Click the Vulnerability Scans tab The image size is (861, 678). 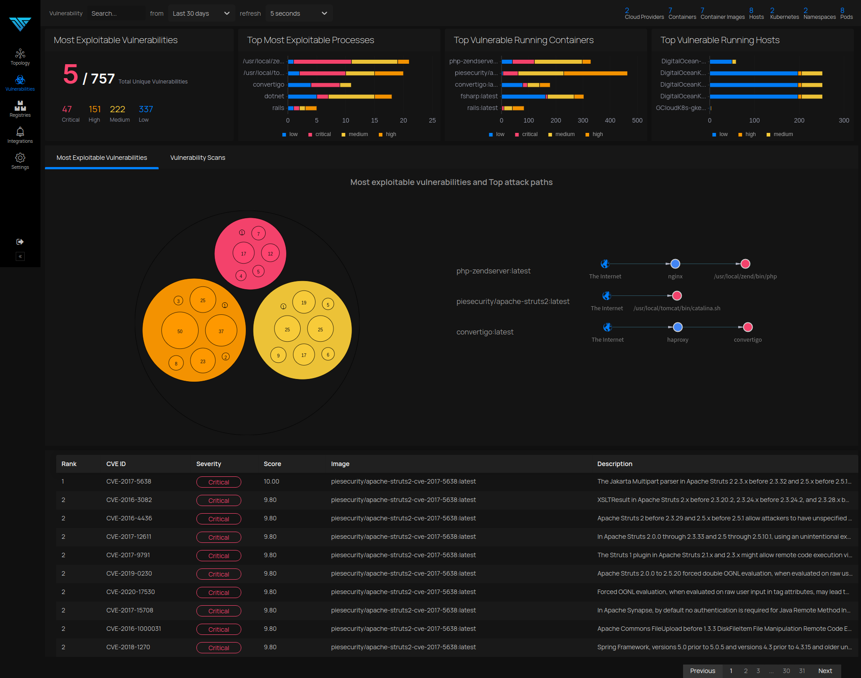[x=198, y=158]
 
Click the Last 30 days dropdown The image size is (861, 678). [x=201, y=13]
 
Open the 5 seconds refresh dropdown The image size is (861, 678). [x=299, y=13]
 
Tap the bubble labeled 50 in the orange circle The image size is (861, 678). [x=180, y=331]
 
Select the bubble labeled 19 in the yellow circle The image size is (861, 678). [x=304, y=303]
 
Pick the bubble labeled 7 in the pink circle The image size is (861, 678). [x=258, y=233]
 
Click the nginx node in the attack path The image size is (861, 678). [x=675, y=264]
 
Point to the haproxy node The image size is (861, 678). [x=678, y=327]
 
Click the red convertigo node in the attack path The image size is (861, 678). [x=748, y=327]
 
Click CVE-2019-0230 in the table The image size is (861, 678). [x=129, y=573]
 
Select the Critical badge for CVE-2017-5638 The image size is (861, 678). [x=219, y=482]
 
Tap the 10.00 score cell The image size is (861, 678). [x=271, y=481]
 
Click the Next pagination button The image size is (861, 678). [x=825, y=671]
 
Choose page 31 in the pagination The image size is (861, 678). [x=802, y=671]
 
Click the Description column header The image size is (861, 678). [x=615, y=464]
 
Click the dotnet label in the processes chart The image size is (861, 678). [x=274, y=96]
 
